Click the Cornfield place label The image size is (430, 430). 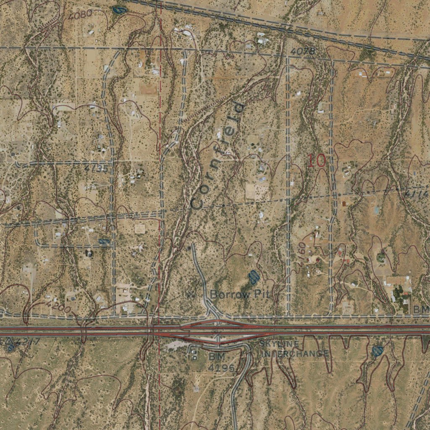tap(217, 155)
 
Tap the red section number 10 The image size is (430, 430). tap(316, 161)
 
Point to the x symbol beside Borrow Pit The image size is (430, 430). tap(191, 294)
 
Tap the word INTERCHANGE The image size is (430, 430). tap(295, 354)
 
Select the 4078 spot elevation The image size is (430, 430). tap(302, 51)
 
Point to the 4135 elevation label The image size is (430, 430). tap(96, 169)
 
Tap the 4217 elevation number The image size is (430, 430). tap(26, 341)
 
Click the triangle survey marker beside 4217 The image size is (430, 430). tap(10, 341)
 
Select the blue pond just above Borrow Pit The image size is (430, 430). tap(253, 276)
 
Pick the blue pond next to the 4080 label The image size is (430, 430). tap(120, 9)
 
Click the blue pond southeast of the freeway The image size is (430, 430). tap(378, 351)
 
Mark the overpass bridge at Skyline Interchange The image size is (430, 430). tap(218, 330)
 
